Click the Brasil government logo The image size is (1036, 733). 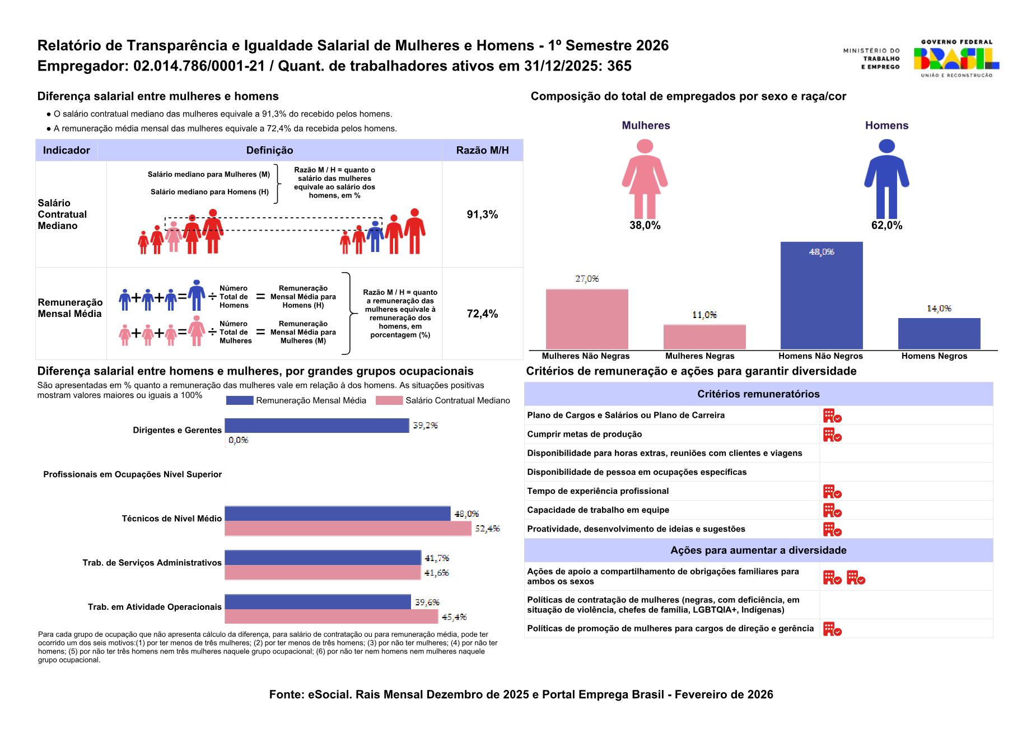[956, 58]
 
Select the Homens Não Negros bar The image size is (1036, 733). [822, 296]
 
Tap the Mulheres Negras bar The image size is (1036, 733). [704, 337]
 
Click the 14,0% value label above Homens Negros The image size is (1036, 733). [939, 309]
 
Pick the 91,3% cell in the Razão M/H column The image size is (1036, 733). [482, 214]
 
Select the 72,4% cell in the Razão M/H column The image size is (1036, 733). [482, 314]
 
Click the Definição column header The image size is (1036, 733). [269, 150]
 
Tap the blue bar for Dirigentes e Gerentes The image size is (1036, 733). [317, 426]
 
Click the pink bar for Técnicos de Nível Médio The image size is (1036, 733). [348, 529]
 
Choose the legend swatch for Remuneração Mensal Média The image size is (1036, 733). [240, 400]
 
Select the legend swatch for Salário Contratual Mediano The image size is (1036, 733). [389, 400]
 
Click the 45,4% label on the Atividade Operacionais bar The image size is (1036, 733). [454, 617]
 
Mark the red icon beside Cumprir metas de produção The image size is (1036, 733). [832, 435]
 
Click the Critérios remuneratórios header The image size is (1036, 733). [758, 394]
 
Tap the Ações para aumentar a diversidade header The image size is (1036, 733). [758, 550]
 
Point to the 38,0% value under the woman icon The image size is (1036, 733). [645, 225]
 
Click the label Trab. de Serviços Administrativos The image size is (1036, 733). [152, 563]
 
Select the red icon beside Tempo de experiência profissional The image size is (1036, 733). [832, 492]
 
